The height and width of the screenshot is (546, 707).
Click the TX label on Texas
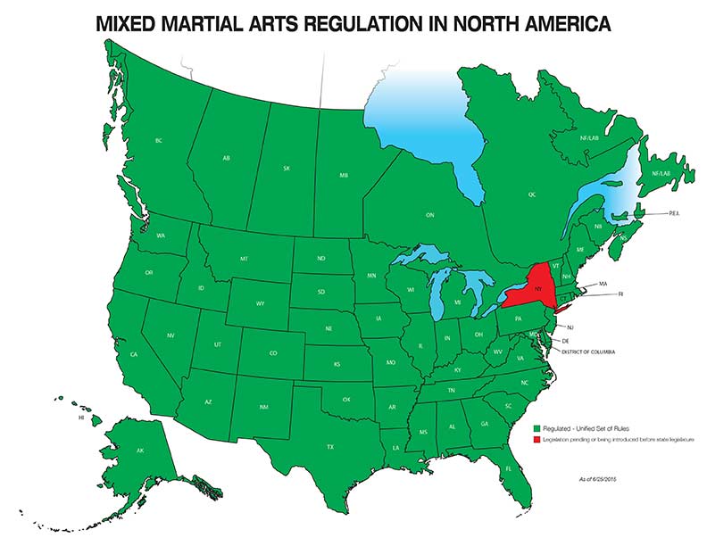[330, 446]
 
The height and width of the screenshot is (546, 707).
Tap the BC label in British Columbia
[158, 141]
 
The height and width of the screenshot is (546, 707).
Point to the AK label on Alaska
[140, 451]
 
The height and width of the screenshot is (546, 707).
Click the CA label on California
[133, 355]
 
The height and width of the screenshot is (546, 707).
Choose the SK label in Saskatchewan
[286, 168]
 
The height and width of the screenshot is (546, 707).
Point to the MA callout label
[603, 283]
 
